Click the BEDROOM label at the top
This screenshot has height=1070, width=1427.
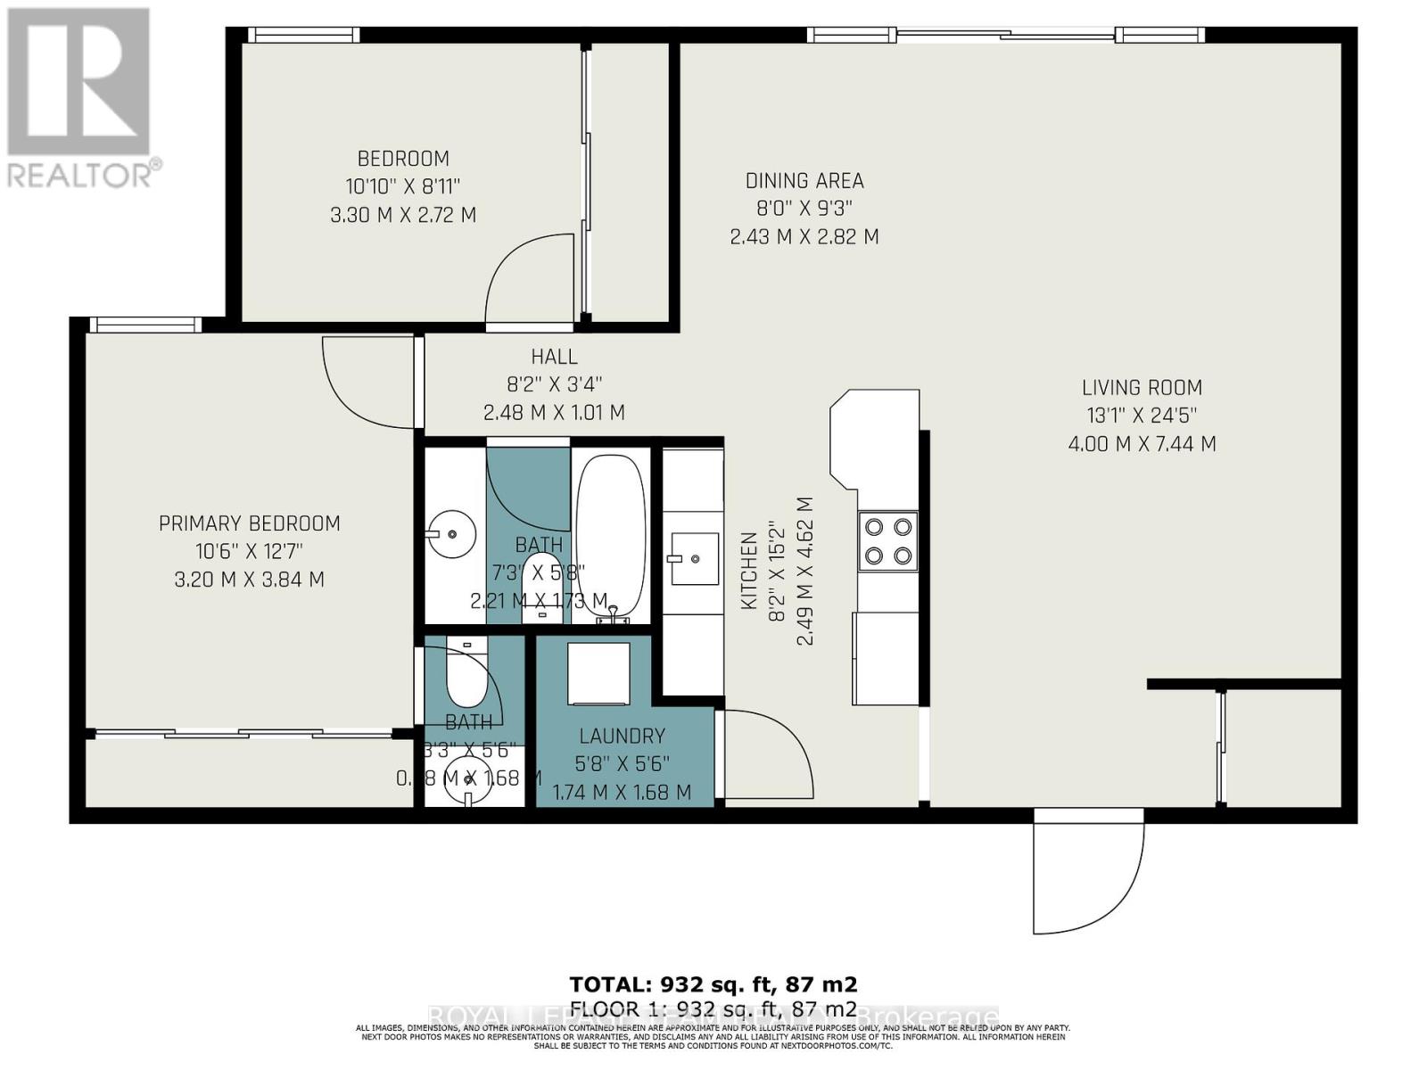point(403,159)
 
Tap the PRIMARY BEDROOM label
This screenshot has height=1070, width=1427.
point(250,523)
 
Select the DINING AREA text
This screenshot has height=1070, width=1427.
point(804,181)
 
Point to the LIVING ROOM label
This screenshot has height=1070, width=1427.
point(1142,388)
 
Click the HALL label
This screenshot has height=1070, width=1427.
point(554,357)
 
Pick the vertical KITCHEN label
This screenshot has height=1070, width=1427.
point(749,571)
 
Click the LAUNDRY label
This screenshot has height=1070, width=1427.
point(622,736)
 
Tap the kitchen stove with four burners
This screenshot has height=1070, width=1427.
point(888,541)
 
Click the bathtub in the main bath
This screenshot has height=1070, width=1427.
point(611,535)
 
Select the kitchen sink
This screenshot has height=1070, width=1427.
point(695,559)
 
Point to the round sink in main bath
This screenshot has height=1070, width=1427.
point(452,534)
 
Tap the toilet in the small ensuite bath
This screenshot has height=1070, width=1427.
point(466,675)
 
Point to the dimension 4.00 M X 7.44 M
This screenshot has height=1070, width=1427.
point(1142,444)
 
